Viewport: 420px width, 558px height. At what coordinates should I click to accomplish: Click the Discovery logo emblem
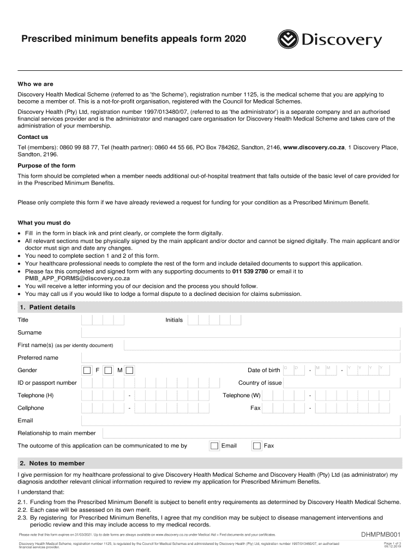click(287, 40)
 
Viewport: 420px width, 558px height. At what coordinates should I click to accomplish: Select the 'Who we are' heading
click(35, 84)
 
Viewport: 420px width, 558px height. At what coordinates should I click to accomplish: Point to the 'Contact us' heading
click(33, 137)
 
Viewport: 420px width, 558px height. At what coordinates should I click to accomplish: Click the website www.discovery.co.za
click(314, 148)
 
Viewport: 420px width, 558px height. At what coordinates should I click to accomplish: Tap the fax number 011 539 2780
click(250, 271)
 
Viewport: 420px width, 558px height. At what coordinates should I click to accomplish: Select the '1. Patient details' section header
click(47, 307)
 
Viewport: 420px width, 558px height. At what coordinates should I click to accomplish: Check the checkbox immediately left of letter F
click(87, 371)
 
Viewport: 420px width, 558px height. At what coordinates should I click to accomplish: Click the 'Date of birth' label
click(263, 371)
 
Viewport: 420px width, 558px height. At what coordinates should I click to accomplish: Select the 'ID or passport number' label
click(47, 383)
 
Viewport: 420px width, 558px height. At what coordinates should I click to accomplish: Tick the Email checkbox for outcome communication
click(214, 446)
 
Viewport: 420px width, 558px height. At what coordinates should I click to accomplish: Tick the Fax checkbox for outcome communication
click(257, 446)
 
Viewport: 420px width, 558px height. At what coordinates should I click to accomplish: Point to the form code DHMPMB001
click(381, 535)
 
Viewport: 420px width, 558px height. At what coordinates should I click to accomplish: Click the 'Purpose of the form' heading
click(46, 166)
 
